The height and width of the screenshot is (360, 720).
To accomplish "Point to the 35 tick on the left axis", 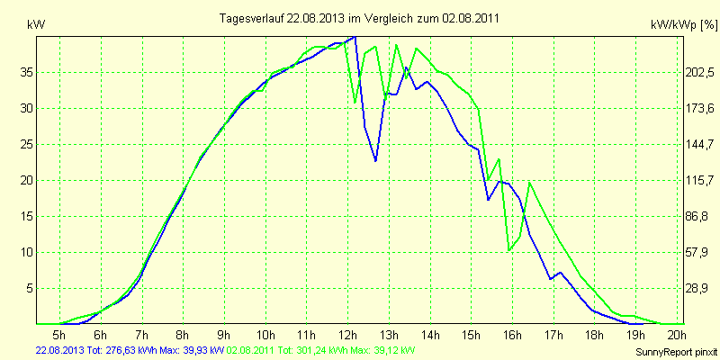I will [24, 72].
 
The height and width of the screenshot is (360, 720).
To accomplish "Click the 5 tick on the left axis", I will [28, 288].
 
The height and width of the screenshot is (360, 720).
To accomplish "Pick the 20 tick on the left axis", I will [24, 180].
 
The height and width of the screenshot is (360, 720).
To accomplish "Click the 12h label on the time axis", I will [347, 334].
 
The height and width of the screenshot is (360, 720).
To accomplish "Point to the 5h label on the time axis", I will [61, 334].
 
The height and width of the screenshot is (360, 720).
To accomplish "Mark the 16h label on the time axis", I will [511, 334].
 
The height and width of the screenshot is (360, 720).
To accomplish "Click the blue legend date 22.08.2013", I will [59, 349].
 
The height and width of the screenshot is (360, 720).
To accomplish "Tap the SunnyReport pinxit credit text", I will [675, 351].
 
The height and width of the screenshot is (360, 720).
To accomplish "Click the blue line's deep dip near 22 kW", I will [376, 161].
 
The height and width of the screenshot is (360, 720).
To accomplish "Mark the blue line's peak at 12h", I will [355, 36].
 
